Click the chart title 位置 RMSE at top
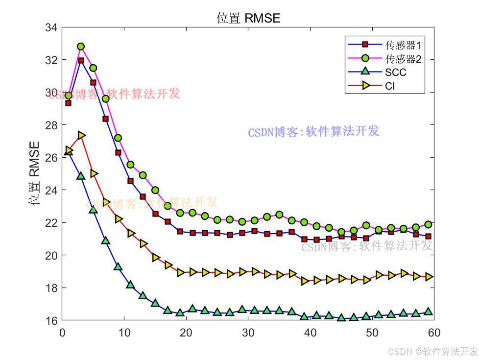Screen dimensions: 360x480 (x=248, y=19)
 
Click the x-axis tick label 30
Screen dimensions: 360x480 (x=248, y=333)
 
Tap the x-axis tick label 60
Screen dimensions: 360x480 (x=434, y=333)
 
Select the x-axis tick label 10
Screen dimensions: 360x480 (x=124, y=333)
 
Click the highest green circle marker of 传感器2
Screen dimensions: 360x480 (x=81, y=47)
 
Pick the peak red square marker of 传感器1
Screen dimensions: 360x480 (x=81, y=61)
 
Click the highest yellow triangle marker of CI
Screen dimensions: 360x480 (x=81, y=135)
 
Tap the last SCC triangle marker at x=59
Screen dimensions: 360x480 (x=428, y=311)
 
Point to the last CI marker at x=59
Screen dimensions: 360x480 (x=428, y=277)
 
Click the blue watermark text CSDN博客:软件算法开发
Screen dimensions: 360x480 (x=313, y=132)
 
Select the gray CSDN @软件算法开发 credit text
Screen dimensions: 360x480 (x=432, y=351)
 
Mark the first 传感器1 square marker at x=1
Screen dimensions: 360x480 (x=69, y=103)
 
